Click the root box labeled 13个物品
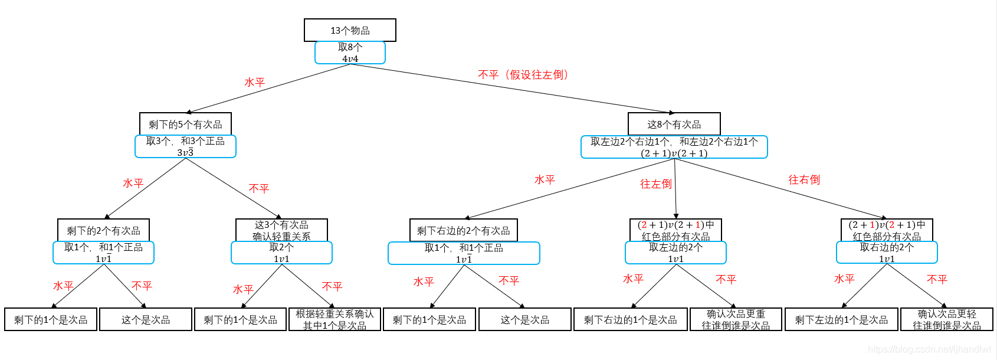[x=350, y=30]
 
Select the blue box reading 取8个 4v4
[x=350, y=53]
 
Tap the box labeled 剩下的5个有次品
[x=185, y=124]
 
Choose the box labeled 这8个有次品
[x=674, y=124]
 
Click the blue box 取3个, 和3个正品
[x=185, y=146]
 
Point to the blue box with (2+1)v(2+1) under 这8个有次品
[x=674, y=147]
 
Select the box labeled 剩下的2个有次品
[x=103, y=230]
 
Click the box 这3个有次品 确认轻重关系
[x=281, y=230]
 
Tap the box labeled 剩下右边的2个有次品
[x=463, y=230]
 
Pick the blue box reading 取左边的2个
[x=675, y=253]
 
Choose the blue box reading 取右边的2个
[x=887, y=253]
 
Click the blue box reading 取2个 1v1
[x=281, y=253]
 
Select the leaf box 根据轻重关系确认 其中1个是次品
[x=334, y=319]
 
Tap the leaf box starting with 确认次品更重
[x=736, y=319]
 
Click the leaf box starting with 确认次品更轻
[x=946, y=319]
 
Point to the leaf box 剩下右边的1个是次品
[x=630, y=319]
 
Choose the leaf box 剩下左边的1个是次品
[x=841, y=319]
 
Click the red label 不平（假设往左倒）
[x=523, y=75]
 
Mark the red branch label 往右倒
[x=804, y=179]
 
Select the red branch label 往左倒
[x=655, y=184]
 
